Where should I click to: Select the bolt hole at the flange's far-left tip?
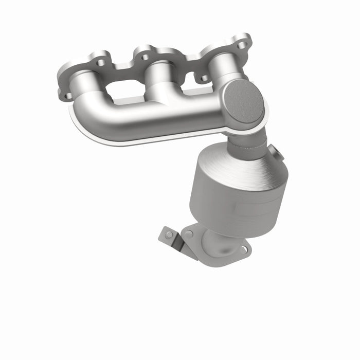click(67, 95)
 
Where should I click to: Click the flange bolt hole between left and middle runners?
click(101, 63)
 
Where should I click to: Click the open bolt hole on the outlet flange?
click(243, 249)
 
